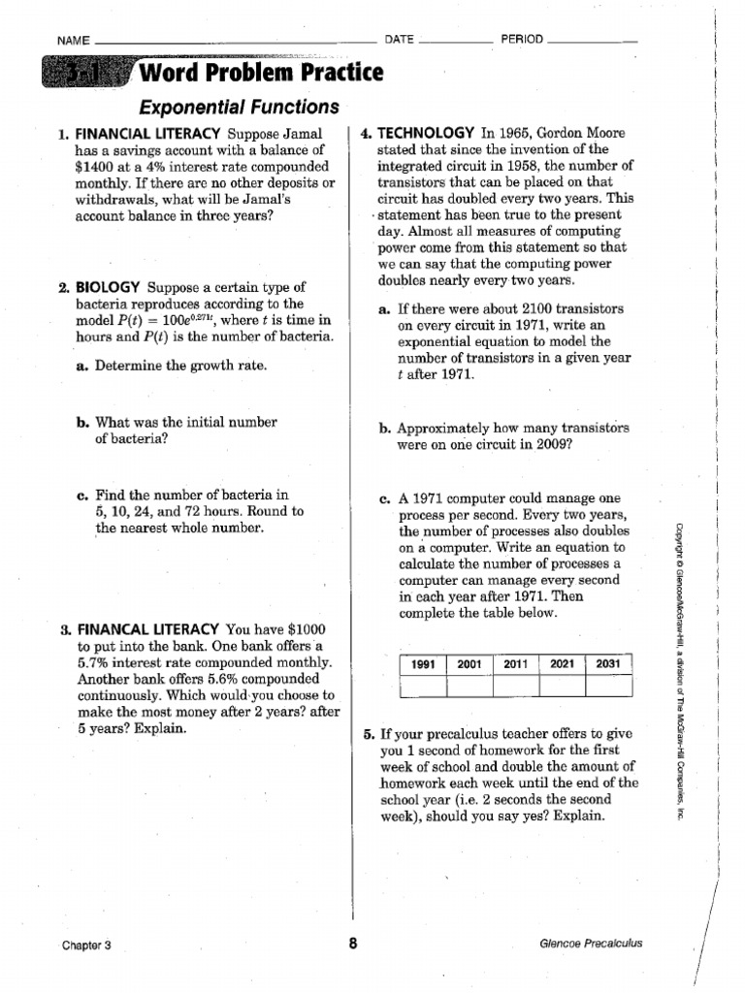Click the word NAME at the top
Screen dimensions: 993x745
74,41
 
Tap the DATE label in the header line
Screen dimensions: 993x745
399,40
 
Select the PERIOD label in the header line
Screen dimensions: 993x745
522,40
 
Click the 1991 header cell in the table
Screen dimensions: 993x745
423,664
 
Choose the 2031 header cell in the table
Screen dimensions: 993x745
609,664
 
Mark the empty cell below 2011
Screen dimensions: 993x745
516,686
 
